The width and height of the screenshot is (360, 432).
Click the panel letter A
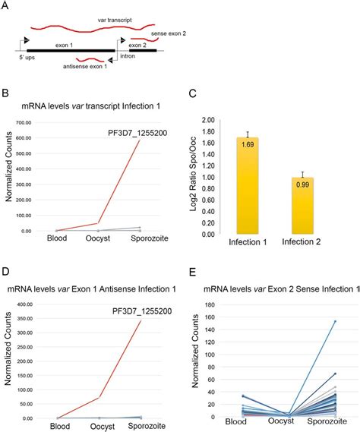pos(8,7)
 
